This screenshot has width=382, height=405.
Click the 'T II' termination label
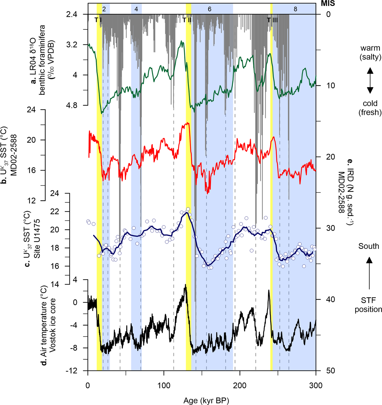coord(187,20)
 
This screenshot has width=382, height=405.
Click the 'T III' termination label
coord(272,20)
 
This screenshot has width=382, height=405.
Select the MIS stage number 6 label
coord(210,9)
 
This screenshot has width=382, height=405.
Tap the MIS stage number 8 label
coord(295,9)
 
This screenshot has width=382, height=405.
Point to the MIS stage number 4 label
coord(136,9)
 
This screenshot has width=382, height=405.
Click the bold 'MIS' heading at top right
coord(328,4)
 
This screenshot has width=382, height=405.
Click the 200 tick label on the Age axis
coord(240,386)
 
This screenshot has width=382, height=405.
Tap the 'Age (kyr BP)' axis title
coord(206,400)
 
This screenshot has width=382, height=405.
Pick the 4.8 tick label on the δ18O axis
coord(72,105)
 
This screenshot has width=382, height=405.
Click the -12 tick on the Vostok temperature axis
coord(71,371)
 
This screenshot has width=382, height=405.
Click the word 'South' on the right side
coord(369,246)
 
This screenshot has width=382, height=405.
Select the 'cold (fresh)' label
coord(370,108)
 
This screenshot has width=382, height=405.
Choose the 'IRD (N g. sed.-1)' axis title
coord(349,192)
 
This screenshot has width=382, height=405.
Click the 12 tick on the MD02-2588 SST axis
coord(32,201)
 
